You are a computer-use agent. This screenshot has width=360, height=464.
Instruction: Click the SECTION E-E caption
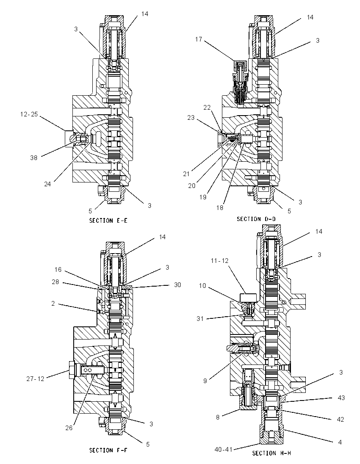tap(108, 221)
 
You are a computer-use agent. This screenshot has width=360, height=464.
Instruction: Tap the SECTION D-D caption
tap(256, 219)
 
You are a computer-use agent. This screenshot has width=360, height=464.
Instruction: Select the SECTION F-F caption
tap(109, 450)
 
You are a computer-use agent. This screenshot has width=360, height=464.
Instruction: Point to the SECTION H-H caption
tap(272, 453)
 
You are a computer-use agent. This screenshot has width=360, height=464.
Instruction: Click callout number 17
tap(198, 39)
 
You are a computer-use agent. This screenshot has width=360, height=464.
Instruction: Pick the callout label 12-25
tap(29, 114)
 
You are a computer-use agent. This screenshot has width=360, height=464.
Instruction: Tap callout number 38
tap(34, 158)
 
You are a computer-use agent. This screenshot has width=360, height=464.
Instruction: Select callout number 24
tap(47, 184)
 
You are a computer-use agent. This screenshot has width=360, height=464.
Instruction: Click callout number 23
tap(191, 118)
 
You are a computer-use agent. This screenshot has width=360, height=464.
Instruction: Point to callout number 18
tap(220, 208)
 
